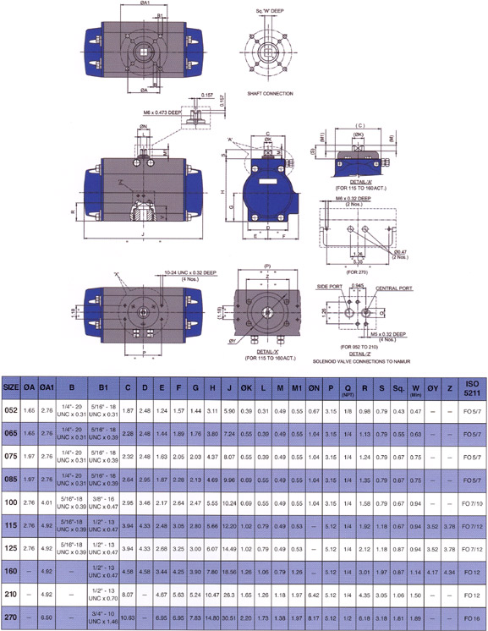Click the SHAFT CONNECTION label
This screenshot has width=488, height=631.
269,93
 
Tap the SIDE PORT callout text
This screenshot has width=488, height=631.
328,288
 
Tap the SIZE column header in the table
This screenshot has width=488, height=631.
11,386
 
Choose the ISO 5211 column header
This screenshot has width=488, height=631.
471,386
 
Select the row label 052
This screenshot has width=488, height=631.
11,410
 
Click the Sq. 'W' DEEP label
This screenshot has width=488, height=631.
271,11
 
